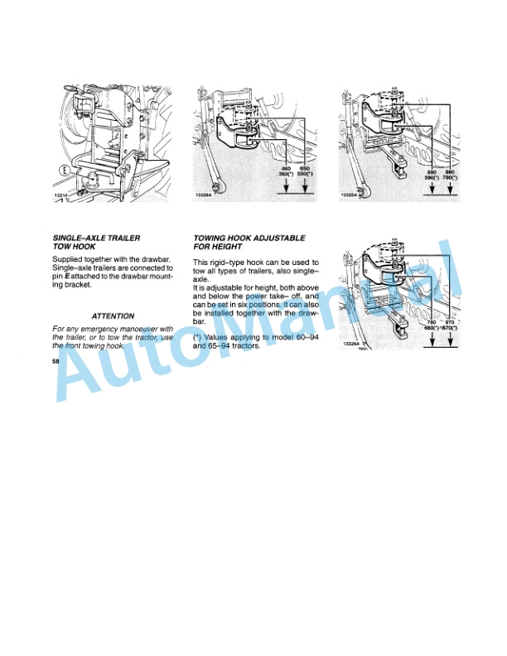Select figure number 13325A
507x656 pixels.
tap(349, 195)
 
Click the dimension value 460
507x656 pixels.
tap(285, 169)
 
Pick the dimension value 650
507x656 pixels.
tap(306, 169)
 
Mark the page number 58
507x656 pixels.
tap(56, 362)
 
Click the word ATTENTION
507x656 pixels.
tap(113, 316)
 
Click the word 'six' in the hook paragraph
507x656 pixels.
tap(265, 304)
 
